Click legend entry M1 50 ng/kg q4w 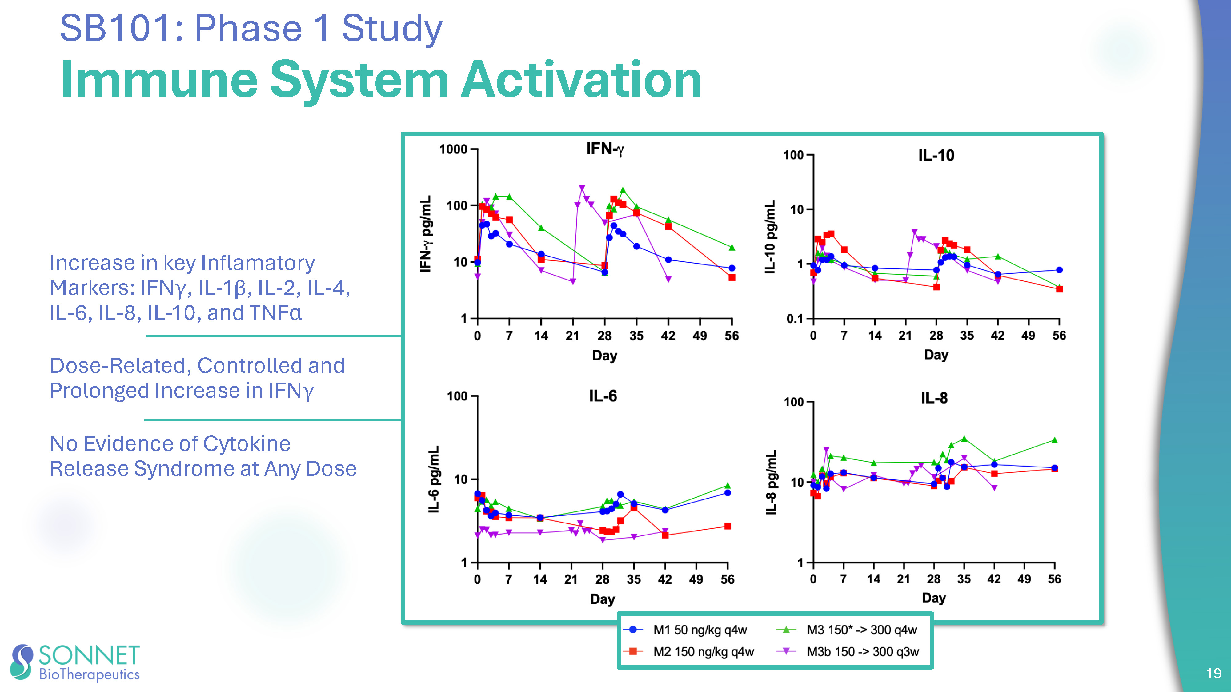699,630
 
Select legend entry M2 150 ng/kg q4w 703,652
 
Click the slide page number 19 1213,673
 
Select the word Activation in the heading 581,80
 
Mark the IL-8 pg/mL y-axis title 770,482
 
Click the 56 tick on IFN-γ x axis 731,336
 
